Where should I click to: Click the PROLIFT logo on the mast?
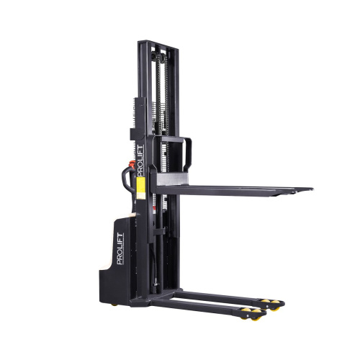pyautogui.click(x=140, y=160)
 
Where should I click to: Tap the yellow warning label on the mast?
pyautogui.click(x=141, y=186)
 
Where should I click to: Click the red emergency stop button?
pyautogui.click(x=132, y=165)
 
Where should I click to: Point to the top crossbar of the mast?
pyautogui.click(x=157, y=45)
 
